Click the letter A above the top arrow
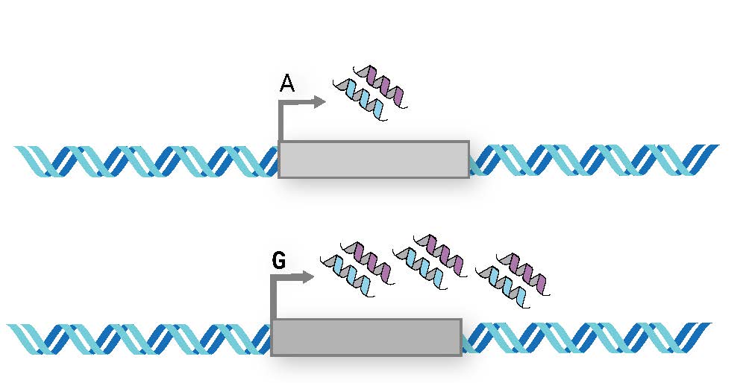(x=287, y=84)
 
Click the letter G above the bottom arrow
(x=279, y=262)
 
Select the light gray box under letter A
(x=374, y=159)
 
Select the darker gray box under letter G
(x=366, y=337)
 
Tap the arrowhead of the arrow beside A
(x=320, y=102)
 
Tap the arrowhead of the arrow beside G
(x=308, y=278)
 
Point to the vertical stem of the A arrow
(x=280, y=122)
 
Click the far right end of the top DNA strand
(x=715, y=149)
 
